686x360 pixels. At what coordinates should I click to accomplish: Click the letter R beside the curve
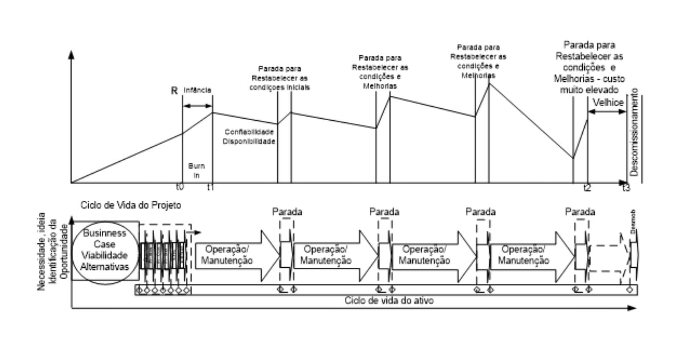point(174,91)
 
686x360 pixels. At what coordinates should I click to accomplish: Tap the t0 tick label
point(180,187)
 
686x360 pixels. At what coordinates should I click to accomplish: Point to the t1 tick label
point(210,187)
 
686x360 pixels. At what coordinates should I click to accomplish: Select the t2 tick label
point(587,188)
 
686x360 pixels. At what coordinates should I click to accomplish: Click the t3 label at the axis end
point(626,188)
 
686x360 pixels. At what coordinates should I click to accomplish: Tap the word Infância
point(197,90)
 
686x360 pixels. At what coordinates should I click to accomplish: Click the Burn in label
point(196,170)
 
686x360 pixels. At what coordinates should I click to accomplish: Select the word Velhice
point(608,102)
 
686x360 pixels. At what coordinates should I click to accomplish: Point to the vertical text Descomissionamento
point(634,132)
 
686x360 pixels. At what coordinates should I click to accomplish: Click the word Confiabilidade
point(249,132)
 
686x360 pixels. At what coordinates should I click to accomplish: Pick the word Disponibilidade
point(249,141)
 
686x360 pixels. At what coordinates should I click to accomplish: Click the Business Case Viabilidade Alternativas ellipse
point(105,250)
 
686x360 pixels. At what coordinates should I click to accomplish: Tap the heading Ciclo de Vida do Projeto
point(131,205)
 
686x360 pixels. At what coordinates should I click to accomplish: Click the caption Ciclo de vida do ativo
point(389,300)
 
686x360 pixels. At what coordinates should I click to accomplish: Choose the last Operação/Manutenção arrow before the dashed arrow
point(529,255)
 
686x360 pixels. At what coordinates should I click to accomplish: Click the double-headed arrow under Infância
point(197,105)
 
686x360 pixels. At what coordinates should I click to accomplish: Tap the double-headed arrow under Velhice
point(607,112)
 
